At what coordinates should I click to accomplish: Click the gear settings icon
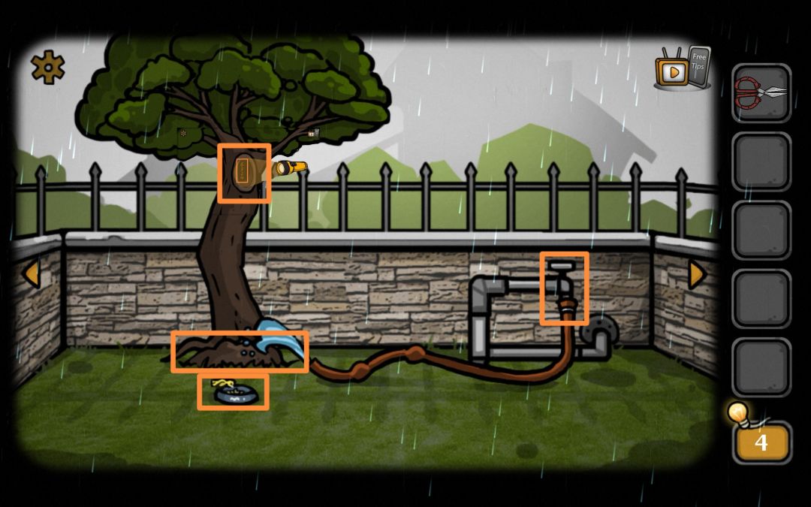(47, 68)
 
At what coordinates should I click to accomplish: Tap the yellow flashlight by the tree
(290, 167)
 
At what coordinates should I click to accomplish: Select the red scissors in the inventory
(761, 92)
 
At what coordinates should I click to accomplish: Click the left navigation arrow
(32, 273)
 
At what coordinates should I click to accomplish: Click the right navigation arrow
(697, 274)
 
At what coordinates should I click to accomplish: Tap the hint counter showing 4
(761, 442)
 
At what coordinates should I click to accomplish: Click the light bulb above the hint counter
(738, 413)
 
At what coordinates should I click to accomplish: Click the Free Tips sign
(699, 64)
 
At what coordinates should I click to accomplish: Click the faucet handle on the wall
(562, 266)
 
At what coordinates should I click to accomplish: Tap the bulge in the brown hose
(414, 354)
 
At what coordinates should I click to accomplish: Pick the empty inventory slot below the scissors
(761, 161)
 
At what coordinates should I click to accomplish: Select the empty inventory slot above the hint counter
(761, 367)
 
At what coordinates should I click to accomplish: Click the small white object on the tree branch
(313, 133)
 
